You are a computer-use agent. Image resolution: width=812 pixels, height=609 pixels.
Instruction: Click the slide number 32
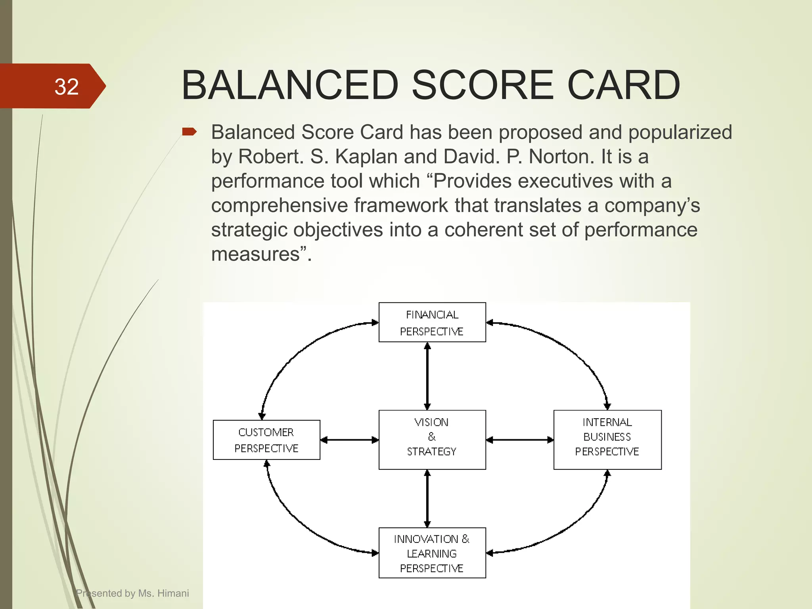66,86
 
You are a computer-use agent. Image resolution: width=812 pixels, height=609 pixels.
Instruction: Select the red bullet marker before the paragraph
189,132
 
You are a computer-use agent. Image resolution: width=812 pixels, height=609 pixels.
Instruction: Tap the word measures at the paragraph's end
255,254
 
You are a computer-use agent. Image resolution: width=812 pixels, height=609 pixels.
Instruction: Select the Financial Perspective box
432,322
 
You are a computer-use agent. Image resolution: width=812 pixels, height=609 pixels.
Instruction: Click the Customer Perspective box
266,440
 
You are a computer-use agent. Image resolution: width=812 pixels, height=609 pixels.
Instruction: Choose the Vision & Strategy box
432,440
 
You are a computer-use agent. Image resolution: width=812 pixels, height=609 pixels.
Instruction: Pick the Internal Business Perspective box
607,440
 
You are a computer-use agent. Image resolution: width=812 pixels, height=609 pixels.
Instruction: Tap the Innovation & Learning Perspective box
432,553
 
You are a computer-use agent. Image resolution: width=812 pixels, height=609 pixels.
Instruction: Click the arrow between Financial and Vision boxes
427,376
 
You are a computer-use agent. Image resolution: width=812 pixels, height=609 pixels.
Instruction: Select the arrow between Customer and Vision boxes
349,440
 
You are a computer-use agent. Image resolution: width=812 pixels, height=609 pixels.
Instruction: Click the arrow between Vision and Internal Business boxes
519,440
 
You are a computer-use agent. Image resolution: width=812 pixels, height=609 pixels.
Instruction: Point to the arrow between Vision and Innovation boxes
427,498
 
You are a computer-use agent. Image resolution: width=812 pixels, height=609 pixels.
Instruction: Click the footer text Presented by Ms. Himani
132,593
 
